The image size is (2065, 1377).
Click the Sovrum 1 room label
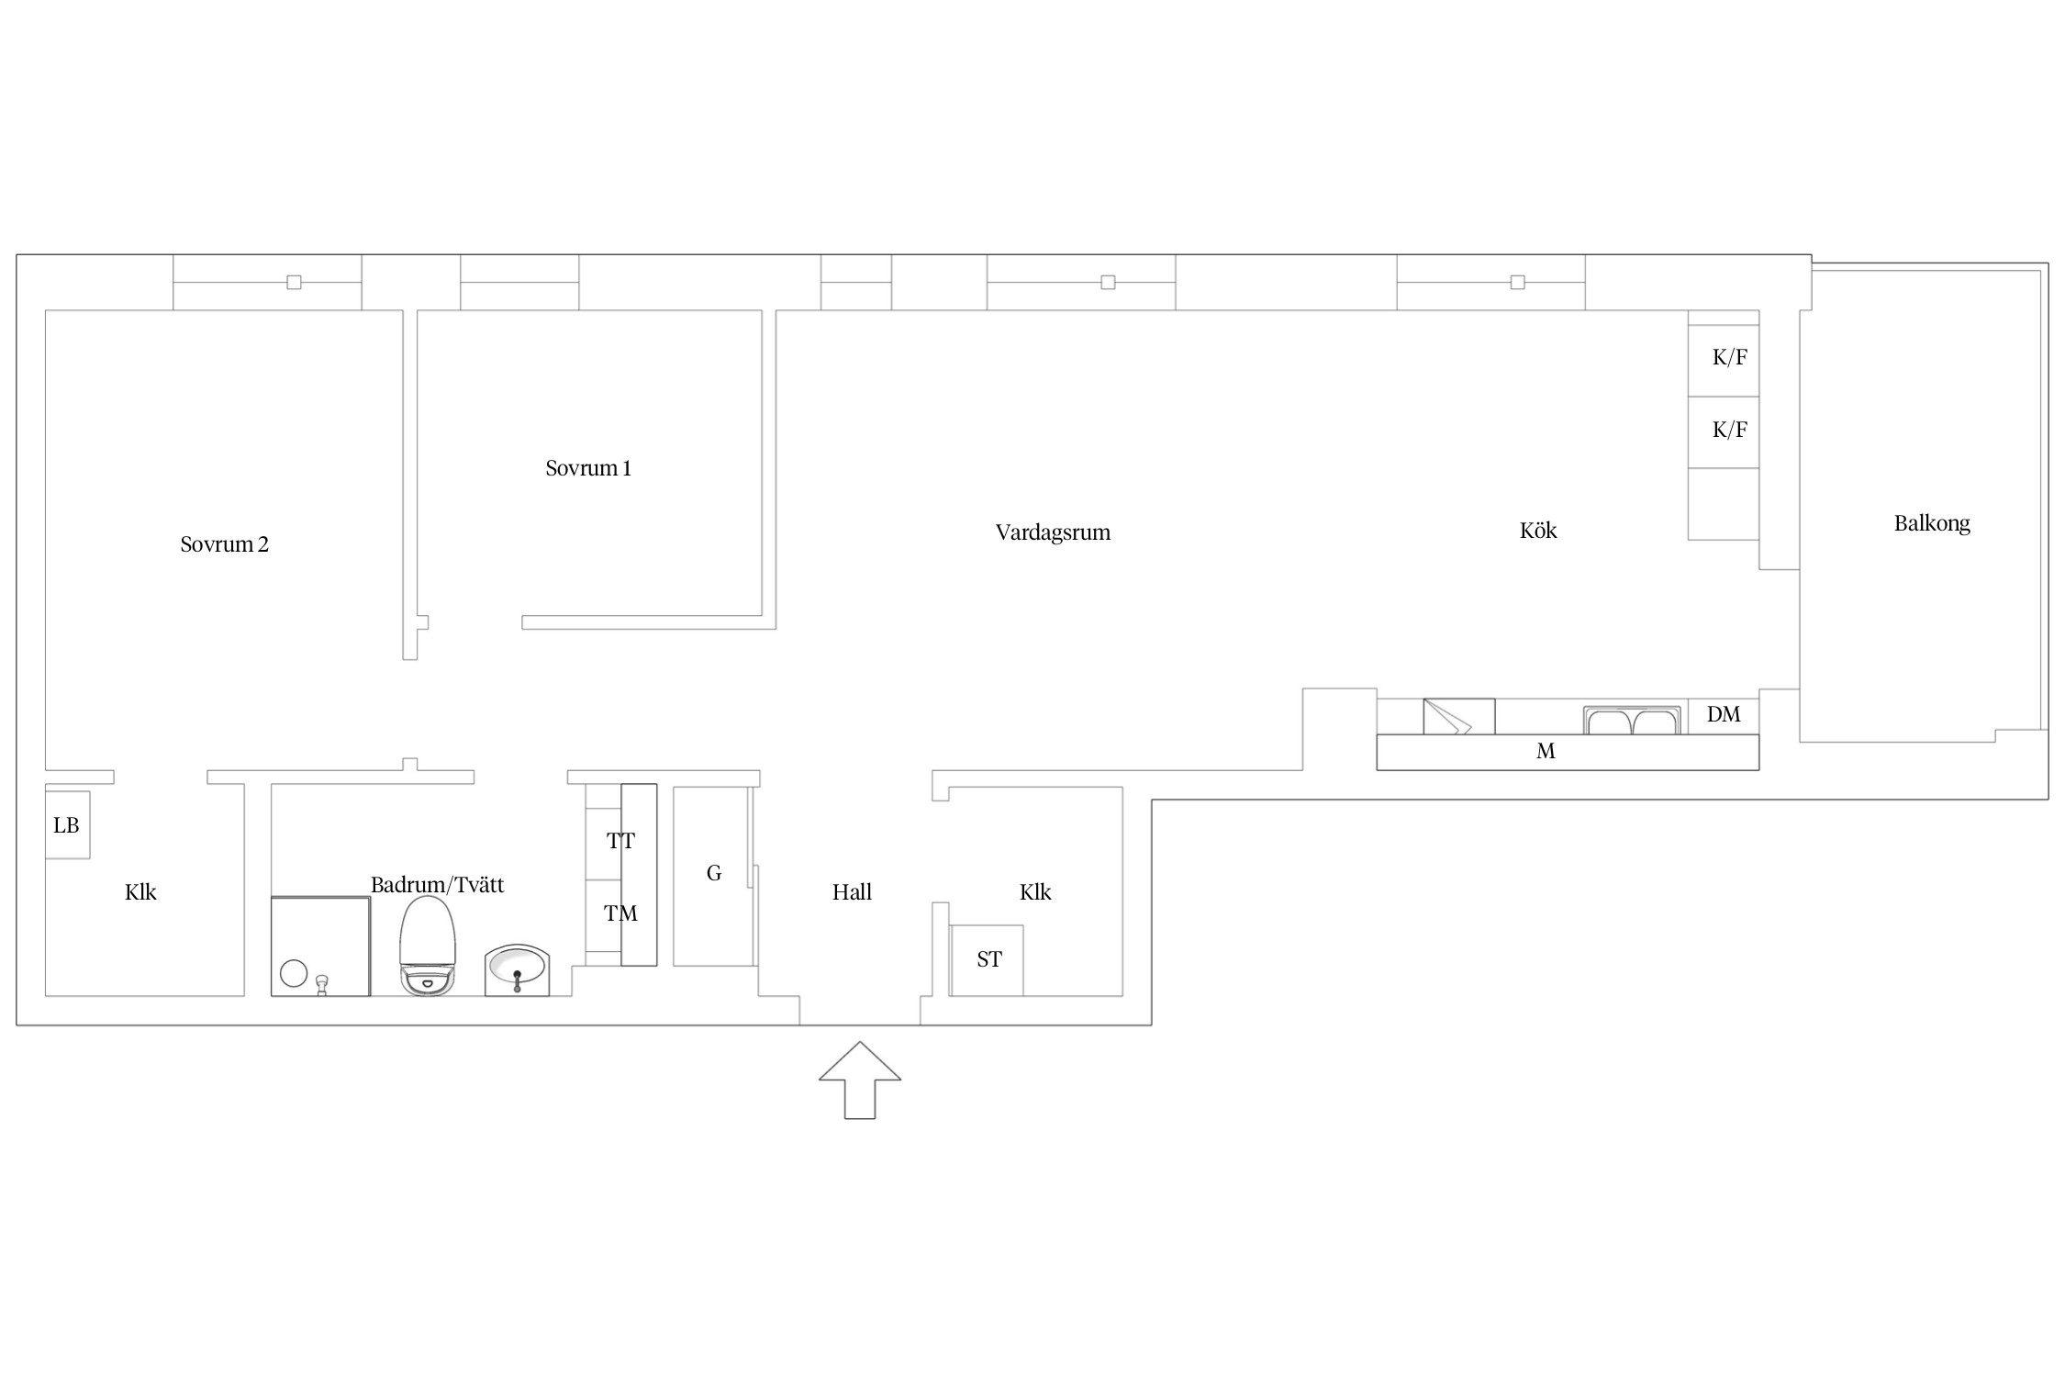588,468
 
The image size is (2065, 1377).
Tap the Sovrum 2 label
225,544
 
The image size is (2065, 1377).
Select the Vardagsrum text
1053,532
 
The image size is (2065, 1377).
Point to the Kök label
1538,530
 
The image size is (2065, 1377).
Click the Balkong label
1932,523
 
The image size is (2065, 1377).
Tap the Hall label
852,891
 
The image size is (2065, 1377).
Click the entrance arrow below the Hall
860,1080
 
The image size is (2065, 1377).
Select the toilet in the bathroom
428,946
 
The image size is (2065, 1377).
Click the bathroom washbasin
517,969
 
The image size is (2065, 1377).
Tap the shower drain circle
294,973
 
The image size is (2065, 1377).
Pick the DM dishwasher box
1724,716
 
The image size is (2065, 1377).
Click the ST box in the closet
987,960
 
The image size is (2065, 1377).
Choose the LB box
68,824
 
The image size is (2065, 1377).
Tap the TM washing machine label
620,913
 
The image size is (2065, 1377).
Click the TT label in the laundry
620,841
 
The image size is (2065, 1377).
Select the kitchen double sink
1632,721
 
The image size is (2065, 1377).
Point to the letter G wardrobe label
714,873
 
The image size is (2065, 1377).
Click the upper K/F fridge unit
1724,361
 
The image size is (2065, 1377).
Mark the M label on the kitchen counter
1546,752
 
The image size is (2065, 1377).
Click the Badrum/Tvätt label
437,885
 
